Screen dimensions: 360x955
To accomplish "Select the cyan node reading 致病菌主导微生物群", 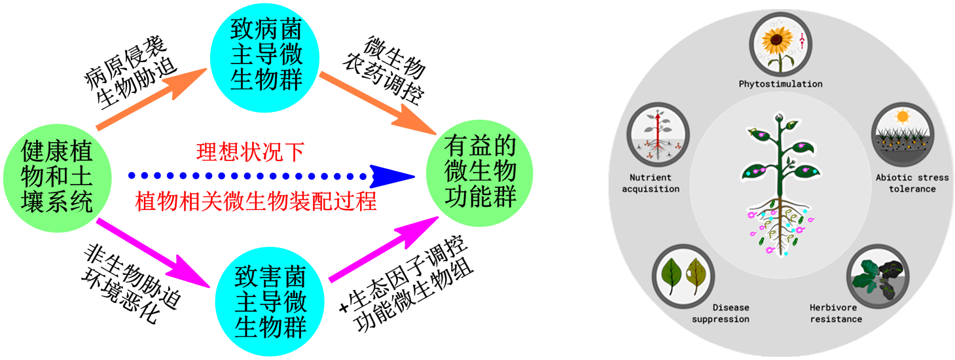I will pos(266,54).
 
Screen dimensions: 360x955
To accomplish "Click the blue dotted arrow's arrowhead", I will pos(393,176).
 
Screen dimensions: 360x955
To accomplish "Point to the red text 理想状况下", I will pos(250,152).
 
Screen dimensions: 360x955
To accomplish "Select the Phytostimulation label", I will pos(780,84).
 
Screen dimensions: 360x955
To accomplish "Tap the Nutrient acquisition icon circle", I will pos(657,135).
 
